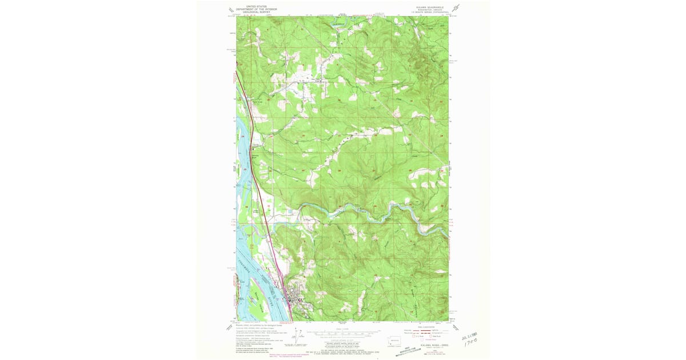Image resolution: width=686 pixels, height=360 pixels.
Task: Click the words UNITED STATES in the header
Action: coord(256,3)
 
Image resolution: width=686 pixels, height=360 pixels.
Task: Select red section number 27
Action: coord(374,170)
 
